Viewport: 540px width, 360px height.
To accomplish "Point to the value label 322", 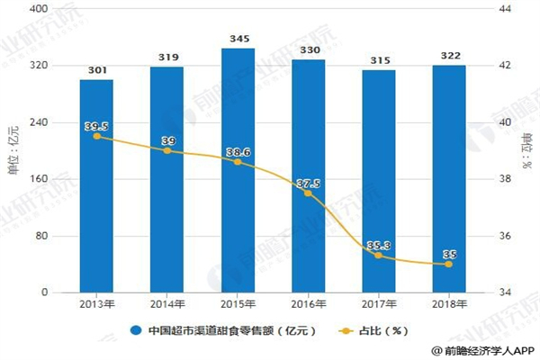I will point(449,56).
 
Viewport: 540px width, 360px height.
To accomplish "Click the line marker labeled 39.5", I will point(96,136).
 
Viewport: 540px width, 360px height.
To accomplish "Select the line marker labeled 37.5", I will point(308,193).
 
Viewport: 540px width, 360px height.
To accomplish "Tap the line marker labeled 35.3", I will point(378,256).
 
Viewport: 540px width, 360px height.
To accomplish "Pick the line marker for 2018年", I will point(449,264).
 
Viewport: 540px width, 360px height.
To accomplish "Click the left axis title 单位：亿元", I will point(13,149).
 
